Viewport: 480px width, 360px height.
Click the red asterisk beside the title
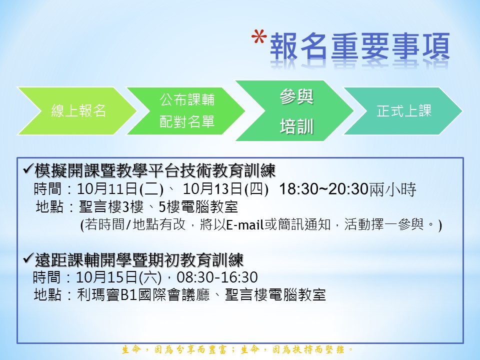[258, 38]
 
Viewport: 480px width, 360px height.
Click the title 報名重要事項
[359, 46]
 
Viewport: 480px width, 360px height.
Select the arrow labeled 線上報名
[76, 111]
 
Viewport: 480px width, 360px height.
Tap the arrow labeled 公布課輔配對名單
[185, 111]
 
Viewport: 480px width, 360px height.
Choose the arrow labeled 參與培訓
[294, 111]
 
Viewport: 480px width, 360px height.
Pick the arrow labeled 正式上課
[403, 111]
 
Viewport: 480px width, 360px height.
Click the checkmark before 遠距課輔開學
[28, 259]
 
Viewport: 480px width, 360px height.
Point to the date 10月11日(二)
[120, 189]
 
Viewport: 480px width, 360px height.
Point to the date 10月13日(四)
[225, 189]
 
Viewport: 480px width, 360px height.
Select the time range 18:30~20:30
[323, 189]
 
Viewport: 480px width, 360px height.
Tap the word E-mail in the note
[245, 224]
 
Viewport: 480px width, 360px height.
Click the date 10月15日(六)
[118, 277]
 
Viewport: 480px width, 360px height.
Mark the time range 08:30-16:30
[217, 277]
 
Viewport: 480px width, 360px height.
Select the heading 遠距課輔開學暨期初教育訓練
[139, 260]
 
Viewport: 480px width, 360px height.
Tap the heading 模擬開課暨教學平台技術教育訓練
[155, 170]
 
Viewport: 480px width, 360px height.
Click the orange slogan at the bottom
[237, 349]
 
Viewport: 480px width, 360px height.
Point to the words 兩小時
[393, 189]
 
